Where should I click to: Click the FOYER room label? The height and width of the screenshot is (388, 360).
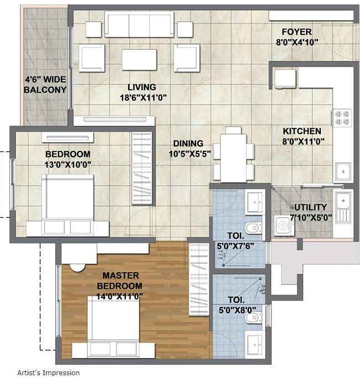(x=296, y=32)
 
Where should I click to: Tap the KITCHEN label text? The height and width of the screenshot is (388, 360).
(x=302, y=131)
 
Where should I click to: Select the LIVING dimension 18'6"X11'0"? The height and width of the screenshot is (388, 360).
(x=141, y=98)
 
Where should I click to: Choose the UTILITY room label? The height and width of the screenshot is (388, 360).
(x=311, y=207)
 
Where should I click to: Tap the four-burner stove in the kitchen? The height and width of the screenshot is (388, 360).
(x=342, y=118)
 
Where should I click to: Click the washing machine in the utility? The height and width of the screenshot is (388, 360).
(x=285, y=226)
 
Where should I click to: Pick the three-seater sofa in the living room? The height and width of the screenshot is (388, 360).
(x=139, y=25)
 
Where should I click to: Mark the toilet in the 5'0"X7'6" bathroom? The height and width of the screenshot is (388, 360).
(x=254, y=227)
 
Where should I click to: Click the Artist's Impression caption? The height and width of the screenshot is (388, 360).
(x=48, y=373)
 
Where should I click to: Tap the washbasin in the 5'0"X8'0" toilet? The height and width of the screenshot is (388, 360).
(x=255, y=343)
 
